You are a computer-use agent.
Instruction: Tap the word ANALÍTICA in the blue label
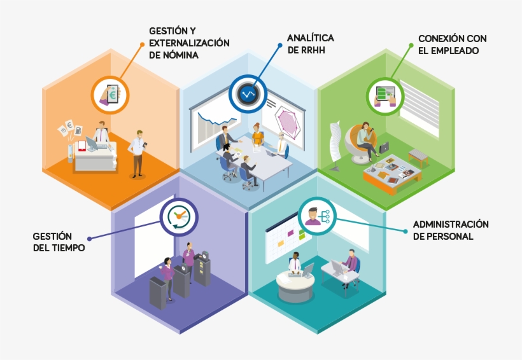click(310, 38)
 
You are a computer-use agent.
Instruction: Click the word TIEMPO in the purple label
click(69, 248)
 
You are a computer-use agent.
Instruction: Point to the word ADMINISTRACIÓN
click(451, 225)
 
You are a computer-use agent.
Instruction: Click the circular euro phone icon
click(110, 95)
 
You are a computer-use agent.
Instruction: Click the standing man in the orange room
click(137, 153)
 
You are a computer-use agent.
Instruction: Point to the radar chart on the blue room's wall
click(287, 121)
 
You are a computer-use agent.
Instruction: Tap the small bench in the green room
click(418, 156)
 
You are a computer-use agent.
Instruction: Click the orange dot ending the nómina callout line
click(142, 44)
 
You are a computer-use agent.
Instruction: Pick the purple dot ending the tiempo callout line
click(89, 239)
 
